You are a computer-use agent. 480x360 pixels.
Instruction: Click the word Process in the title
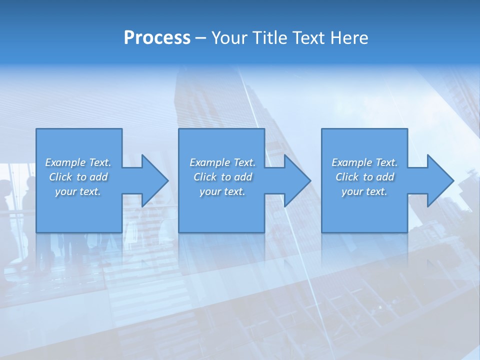tap(157, 38)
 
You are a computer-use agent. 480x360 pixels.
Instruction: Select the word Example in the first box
tap(65, 162)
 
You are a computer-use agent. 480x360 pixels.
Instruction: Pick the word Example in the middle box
tap(210, 162)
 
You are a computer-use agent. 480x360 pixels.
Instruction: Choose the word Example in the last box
tap(352, 162)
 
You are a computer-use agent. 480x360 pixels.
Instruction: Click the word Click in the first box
tap(61, 177)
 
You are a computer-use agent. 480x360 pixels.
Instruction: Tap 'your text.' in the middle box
tap(222, 191)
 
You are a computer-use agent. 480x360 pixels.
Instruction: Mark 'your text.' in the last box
tap(364, 191)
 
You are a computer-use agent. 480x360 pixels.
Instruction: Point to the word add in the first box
tap(99, 177)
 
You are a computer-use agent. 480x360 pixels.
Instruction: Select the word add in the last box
tap(385, 177)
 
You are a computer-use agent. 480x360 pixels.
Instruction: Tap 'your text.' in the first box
tap(78, 191)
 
